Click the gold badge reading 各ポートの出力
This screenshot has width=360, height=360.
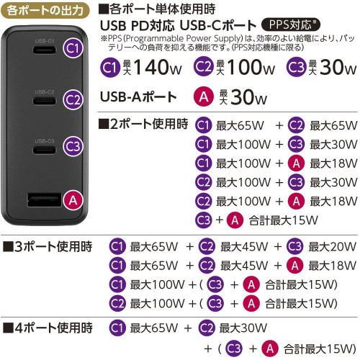click(x=45, y=11)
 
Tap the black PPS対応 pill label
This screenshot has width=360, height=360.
click(x=291, y=24)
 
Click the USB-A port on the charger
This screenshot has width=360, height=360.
click(x=45, y=200)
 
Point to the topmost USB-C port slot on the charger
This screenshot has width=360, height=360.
click(x=45, y=50)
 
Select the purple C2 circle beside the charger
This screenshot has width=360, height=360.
click(x=73, y=99)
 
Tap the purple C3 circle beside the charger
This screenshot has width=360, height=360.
click(x=73, y=146)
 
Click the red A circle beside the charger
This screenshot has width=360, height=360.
click(x=73, y=200)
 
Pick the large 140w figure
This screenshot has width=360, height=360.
click(x=158, y=67)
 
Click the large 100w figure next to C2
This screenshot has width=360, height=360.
click(x=251, y=67)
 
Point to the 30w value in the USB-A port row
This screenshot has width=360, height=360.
click(x=248, y=97)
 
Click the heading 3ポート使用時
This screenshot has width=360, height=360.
click(x=48, y=246)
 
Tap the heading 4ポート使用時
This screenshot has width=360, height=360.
click(x=48, y=328)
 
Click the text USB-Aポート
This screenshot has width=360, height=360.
click(x=138, y=97)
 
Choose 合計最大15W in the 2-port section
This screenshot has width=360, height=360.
click(x=284, y=220)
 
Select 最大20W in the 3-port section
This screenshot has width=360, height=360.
click(x=333, y=246)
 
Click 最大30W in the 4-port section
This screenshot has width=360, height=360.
click(x=243, y=328)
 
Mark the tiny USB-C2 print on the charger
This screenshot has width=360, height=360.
click(x=45, y=92)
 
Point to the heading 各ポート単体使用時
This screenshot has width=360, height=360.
click(x=157, y=9)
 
